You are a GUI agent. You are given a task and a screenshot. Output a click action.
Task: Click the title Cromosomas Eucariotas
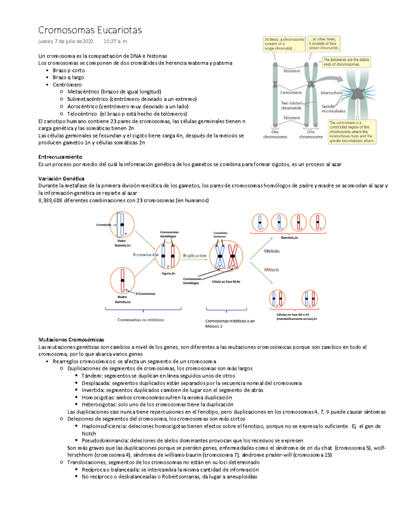tap(90, 30)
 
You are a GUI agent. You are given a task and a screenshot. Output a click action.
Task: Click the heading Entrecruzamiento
tap(60, 157)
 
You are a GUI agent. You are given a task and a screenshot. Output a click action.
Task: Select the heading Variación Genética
tap(61, 179)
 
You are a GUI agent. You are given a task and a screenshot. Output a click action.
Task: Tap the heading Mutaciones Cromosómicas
tap(71, 340)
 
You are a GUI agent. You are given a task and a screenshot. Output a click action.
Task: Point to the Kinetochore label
tap(331, 93)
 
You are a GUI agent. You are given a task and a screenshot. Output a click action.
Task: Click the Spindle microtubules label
tap(333, 109)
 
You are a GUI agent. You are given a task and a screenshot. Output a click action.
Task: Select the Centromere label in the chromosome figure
tap(291, 93)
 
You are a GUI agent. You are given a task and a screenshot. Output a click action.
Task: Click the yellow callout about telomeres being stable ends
tap(346, 62)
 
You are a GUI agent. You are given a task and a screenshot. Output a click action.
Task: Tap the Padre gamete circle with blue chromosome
tap(122, 225)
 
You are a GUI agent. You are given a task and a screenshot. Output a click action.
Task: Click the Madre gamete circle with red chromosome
tap(122, 281)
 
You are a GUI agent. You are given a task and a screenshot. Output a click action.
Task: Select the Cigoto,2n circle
tap(168, 256)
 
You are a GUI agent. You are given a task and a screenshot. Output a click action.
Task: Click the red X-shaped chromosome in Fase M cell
tap(233, 256)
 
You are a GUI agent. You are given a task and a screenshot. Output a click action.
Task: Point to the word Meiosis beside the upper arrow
tap(271, 251)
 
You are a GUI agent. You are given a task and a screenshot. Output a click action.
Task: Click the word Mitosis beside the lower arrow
tap(271, 270)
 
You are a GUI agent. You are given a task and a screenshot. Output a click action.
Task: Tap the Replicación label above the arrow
tap(195, 256)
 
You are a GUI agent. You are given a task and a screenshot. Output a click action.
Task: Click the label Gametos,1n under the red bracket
tap(289, 238)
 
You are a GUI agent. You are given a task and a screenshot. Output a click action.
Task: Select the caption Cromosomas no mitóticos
tap(141, 320)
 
